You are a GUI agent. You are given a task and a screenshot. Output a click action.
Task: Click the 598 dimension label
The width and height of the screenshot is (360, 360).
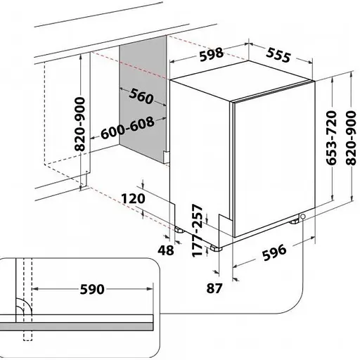click(x=212, y=54)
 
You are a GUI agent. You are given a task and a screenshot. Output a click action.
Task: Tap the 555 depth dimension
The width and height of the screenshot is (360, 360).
click(x=278, y=55)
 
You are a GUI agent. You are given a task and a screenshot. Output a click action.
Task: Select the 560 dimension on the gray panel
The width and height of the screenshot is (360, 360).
click(x=141, y=96)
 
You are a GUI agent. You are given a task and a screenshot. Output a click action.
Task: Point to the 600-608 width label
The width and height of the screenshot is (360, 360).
click(x=128, y=128)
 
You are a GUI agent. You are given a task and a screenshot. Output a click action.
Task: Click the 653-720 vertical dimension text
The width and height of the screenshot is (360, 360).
click(x=331, y=138)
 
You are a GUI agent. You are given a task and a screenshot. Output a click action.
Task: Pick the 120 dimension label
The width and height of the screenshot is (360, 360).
click(x=133, y=199)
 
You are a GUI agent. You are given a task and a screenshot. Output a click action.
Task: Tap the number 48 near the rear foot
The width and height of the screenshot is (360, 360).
click(x=166, y=250)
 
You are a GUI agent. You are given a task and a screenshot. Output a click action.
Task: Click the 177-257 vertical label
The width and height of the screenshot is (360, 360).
click(x=197, y=231)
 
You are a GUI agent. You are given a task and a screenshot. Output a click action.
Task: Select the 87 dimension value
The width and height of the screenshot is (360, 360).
click(x=214, y=288)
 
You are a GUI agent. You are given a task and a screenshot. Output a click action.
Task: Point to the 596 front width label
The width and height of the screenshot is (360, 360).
click(x=274, y=252)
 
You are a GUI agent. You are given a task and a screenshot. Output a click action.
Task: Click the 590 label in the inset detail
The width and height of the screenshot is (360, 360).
click(x=92, y=289)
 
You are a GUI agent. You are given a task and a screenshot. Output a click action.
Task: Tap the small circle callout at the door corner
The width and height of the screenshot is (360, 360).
click(x=302, y=217)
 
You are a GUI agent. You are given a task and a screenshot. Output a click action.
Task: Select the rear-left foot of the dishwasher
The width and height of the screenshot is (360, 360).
click(x=180, y=230)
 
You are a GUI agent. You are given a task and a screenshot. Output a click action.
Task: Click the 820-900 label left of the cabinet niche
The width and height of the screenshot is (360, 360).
click(x=79, y=124)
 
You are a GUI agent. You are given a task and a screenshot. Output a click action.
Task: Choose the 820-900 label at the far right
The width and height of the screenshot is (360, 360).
click(x=351, y=138)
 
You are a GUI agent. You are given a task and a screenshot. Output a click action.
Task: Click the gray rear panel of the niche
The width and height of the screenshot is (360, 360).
click(x=143, y=98)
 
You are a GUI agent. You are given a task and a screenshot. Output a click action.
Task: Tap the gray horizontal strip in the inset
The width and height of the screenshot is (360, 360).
click(x=77, y=326)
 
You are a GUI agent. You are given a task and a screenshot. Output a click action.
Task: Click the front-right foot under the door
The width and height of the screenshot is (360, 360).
click(x=294, y=221)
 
